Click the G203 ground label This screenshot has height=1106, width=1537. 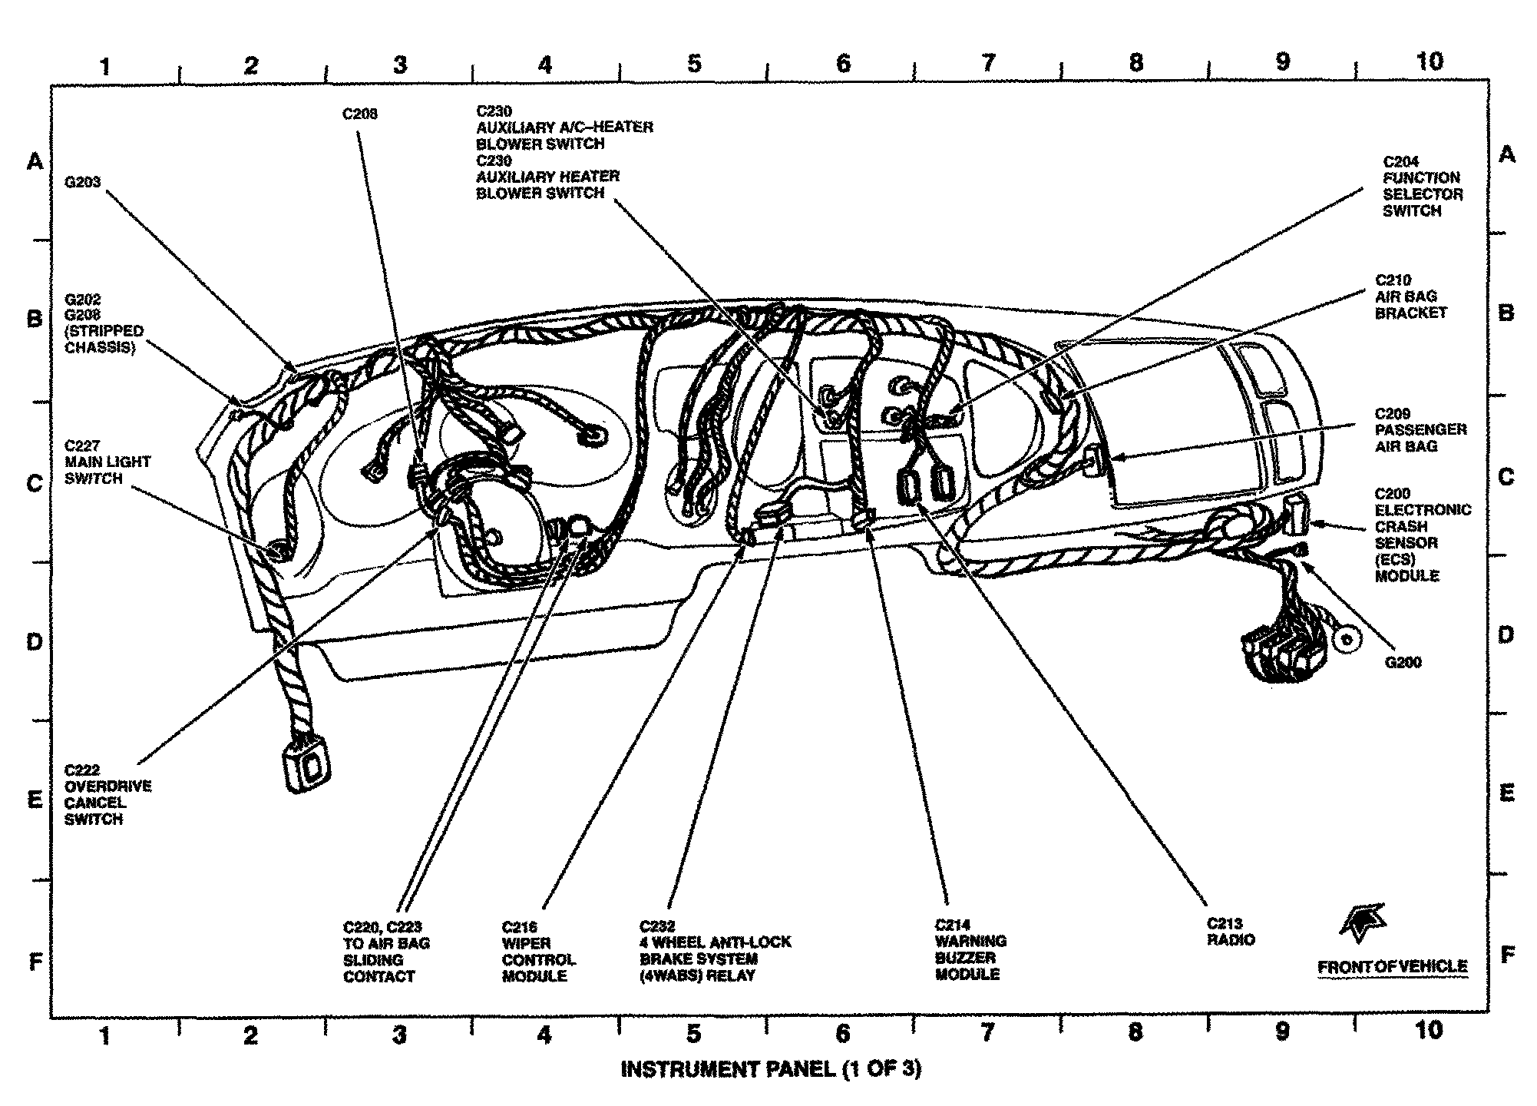83,183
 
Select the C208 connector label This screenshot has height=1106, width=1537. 359,114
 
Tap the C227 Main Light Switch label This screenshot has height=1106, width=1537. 107,462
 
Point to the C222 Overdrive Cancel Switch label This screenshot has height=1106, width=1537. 107,795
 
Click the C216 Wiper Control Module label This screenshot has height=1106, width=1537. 538,952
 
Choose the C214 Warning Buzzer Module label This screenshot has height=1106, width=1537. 970,949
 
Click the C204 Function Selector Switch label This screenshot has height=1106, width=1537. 1423,187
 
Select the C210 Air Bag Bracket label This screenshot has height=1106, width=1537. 1410,296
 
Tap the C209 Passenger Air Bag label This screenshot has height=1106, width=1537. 1420,430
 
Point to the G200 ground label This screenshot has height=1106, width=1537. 1403,663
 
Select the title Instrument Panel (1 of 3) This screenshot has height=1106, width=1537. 770,1069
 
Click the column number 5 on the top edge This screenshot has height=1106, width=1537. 694,64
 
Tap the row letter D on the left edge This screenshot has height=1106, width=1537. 35,641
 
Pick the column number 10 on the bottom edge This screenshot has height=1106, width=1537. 1429,1030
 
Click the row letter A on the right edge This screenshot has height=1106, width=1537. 1507,155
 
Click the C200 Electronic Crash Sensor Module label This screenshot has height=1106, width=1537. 1422,535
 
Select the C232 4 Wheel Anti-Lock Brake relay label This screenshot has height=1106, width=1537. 715,951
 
